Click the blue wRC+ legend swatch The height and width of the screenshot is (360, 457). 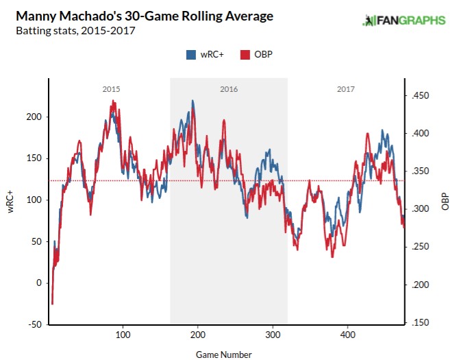click(191, 55)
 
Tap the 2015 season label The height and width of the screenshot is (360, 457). click(111, 90)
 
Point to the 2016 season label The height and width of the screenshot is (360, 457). click(229, 90)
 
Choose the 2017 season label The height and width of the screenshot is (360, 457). click(346, 90)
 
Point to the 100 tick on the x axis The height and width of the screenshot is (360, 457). click(123, 335)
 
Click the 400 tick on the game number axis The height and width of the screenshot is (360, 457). click(348, 335)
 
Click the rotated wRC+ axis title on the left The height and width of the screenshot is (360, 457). click(12, 200)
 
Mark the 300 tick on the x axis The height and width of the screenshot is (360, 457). click(273, 335)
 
